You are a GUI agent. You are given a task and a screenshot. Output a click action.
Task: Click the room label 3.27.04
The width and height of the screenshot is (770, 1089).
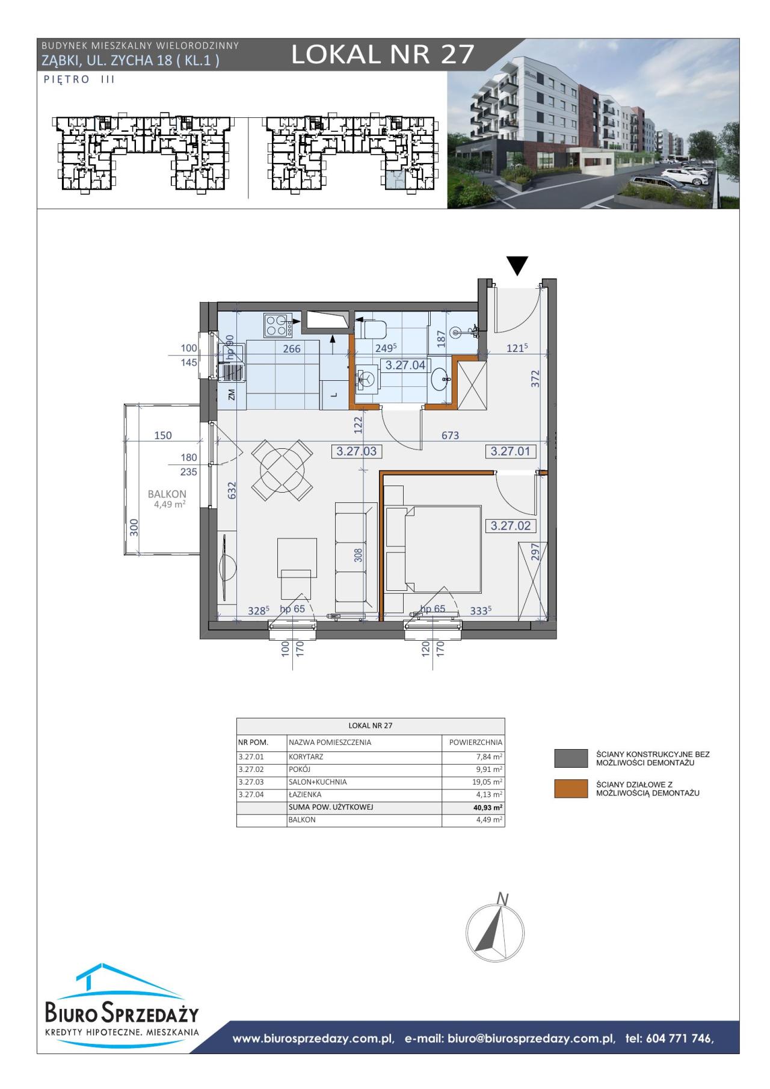tap(405, 365)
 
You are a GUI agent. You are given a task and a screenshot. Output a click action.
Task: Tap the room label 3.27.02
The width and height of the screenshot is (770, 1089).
tap(511, 525)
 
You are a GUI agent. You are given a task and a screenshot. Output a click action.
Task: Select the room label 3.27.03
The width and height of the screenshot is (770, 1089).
tap(357, 451)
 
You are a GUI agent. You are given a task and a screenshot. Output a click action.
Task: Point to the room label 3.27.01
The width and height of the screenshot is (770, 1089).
tap(511, 451)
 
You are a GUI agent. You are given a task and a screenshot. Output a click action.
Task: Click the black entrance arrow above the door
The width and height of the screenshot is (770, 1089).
tap(517, 265)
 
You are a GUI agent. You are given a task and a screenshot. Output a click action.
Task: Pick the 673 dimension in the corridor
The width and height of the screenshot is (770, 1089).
tap(450, 435)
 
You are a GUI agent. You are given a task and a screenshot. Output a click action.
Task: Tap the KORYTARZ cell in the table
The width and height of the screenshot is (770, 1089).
tap(306, 757)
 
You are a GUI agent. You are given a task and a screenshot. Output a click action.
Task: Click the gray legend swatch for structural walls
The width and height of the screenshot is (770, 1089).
tap(571, 758)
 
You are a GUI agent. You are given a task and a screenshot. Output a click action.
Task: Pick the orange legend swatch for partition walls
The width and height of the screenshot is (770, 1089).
tap(571, 789)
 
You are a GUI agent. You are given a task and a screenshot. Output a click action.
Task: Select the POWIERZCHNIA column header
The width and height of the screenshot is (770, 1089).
tap(475, 742)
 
